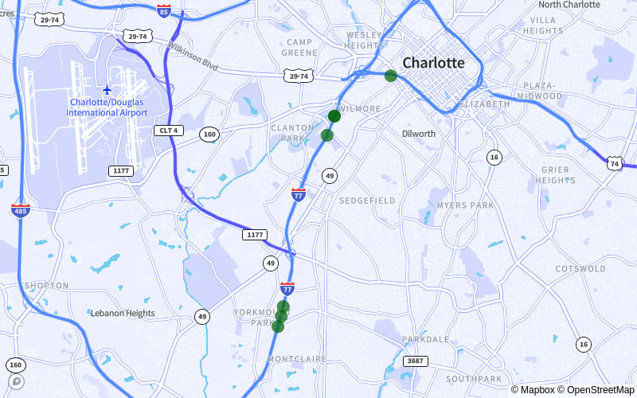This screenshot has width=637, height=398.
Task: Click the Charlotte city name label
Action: [433, 62]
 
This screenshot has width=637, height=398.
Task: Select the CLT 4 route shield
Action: [168, 130]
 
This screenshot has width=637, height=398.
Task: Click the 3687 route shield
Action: [415, 361]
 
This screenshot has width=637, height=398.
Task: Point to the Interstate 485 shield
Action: [21, 211]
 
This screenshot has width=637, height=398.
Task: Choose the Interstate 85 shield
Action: [164, 10]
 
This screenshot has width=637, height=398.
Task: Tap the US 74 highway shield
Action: [614, 162]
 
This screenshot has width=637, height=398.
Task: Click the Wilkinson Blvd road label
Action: [193, 55]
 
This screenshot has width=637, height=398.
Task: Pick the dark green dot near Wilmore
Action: [334, 116]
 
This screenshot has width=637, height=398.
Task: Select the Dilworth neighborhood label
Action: [419, 134]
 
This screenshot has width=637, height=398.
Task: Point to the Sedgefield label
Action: [367, 201]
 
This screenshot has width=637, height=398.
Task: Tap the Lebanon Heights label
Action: [123, 313]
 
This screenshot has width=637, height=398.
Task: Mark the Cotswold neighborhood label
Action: [580, 269]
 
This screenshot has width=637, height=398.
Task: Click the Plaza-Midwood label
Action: [538, 90]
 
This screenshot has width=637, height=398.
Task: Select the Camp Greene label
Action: [299, 47]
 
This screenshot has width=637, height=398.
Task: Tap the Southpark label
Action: [474, 379]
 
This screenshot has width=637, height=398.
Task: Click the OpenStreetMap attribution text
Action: [595, 390]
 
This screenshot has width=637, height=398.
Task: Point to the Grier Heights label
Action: [555, 174]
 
